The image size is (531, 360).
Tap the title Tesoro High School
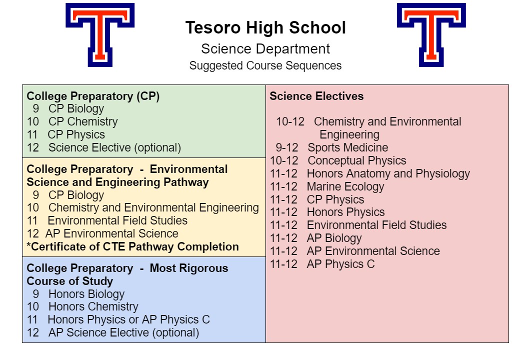click(x=265, y=27)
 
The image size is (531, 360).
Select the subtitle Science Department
click(x=265, y=49)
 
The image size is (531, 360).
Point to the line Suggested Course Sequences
click(x=265, y=65)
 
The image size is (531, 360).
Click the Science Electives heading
click(x=316, y=96)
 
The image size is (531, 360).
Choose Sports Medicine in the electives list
click(x=348, y=147)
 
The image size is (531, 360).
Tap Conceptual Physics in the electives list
click(x=357, y=160)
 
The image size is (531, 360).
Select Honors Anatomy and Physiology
click(x=388, y=173)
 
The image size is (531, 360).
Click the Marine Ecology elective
click(x=345, y=186)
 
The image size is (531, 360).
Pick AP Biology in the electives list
click(x=334, y=238)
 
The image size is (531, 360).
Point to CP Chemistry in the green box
click(x=83, y=121)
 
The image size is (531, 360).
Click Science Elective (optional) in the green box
click(x=115, y=147)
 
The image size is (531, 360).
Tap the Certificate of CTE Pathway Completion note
click(x=133, y=246)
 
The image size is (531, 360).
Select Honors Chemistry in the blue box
click(x=93, y=307)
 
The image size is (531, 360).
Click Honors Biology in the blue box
click(x=86, y=294)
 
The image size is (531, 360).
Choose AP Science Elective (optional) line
click(x=123, y=332)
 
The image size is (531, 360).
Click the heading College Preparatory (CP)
click(x=93, y=96)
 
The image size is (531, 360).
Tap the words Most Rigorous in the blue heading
click(x=189, y=268)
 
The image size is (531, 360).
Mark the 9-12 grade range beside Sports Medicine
click(x=287, y=147)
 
